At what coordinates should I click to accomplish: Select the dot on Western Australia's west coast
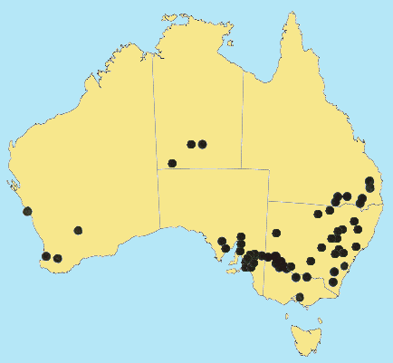tap(27, 211)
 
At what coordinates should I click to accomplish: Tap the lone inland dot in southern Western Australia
tap(78, 230)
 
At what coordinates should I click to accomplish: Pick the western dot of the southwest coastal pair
tap(46, 256)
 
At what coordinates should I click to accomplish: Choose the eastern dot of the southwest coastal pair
tap(58, 259)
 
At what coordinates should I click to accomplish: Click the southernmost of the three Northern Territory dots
tap(172, 164)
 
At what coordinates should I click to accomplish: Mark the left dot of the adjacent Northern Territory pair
tap(191, 144)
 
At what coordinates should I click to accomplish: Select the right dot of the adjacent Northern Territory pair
tap(202, 144)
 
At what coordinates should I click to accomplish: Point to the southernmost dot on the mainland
tap(300, 297)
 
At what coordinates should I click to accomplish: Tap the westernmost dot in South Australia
tap(222, 242)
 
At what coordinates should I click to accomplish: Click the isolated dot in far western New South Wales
tap(276, 233)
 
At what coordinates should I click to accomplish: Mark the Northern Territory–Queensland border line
tap(243, 118)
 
